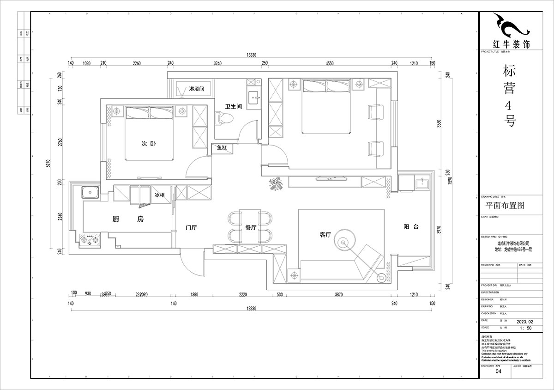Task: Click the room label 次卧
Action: (x=148, y=144)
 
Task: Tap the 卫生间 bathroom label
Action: (x=234, y=106)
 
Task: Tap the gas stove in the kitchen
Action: (x=90, y=240)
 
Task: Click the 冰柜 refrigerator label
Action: (x=159, y=195)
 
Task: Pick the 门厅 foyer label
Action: (x=191, y=227)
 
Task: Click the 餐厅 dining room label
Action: (x=251, y=227)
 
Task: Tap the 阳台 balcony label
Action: (x=411, y=227)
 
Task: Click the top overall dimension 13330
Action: (x=251, y=55)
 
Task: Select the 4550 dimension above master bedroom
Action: (x=329, y=63)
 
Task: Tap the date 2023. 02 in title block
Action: (x=524, y=320)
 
